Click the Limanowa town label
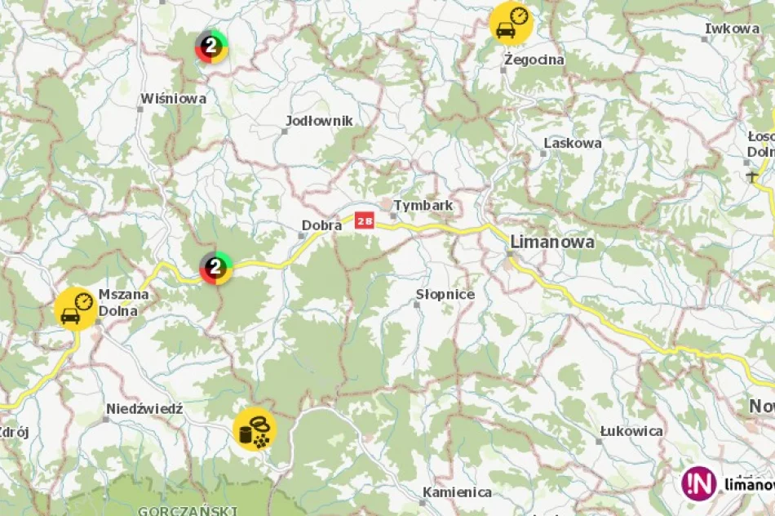click(x=551, y=242)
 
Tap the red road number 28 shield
click(x=365, y=220)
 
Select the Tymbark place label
click(x=423, y=206)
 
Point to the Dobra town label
click(x=321, y=225)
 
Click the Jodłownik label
click(x=319, y=121)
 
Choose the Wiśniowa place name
click(x=173, y=99)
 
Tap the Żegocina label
click(x=534, y=60)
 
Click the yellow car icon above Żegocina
click(x=511, y=24)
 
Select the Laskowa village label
click(x=572, y=143)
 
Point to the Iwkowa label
click(x=732, y=29)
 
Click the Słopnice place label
click(x=445, y=294)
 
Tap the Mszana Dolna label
click(x=117, y=302)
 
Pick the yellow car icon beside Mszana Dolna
click(x=76, y=309)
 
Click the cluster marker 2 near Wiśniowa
click(x=211, y=46)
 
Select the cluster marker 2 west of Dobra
click(x=216, y=267)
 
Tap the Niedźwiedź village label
click(x=144, y=408)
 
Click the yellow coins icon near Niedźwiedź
click(x=255, y=429)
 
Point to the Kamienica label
click(x=457, y=492)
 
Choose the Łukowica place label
click(x=631, y=431)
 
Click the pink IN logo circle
click(x=699, y=483)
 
